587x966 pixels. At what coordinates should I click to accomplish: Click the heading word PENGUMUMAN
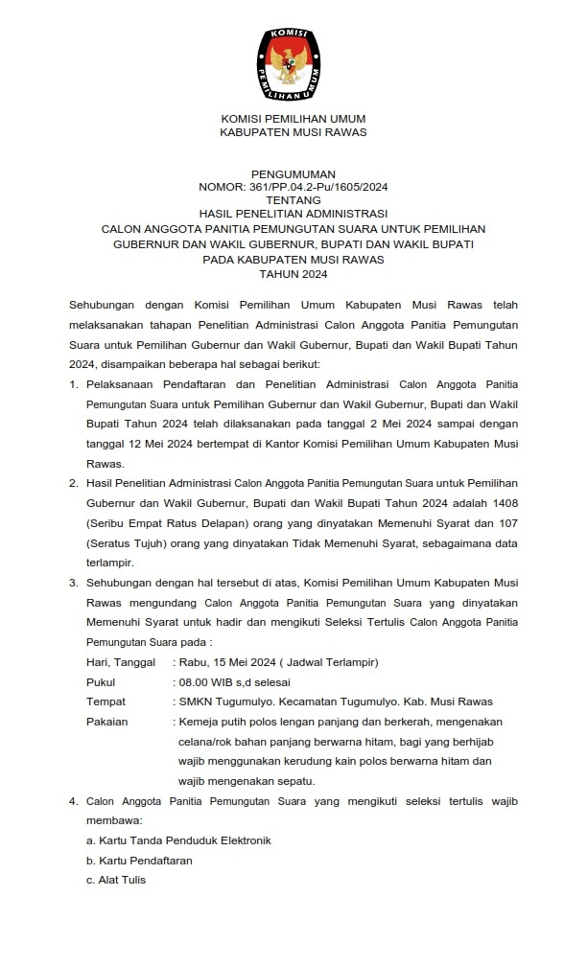(x=293, y=174)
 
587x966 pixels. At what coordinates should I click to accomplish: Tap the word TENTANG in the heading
(x=293, y=202)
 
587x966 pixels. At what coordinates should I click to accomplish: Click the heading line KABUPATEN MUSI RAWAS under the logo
(x=293, y=131)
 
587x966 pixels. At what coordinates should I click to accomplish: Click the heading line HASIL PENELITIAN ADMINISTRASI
(x=293, y=215)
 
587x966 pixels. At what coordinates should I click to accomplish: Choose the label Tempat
(x=106, y=701)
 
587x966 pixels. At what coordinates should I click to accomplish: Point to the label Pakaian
(x=107, y=721)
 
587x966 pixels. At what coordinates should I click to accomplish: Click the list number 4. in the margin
(x=74, y=802)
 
